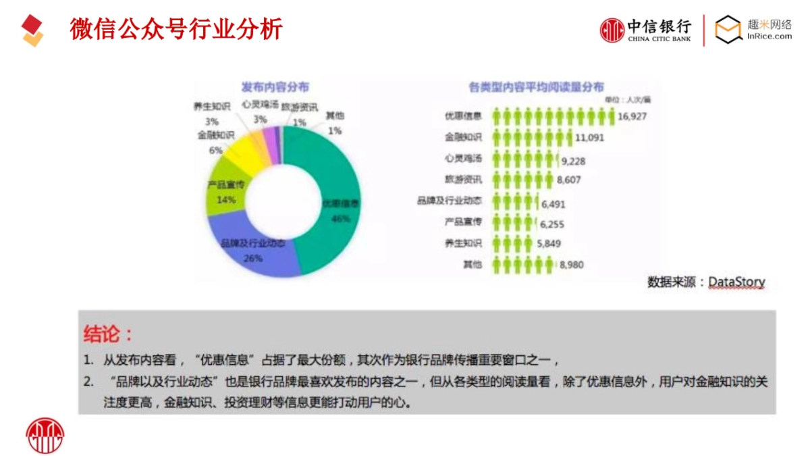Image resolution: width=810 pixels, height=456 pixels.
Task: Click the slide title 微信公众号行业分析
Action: coord(175,29)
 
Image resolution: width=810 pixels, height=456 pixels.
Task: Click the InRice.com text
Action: coord(769,36)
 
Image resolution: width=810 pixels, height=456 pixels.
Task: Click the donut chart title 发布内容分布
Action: coord(280,87)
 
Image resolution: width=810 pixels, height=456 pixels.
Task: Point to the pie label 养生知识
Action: coord(212,107)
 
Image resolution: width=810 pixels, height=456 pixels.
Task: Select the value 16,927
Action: coord(632,116)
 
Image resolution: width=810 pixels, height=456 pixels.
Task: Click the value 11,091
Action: coord(590,138)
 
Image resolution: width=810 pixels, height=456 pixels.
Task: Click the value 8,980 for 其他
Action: coord(571,265)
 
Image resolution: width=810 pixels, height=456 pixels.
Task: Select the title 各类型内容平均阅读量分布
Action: coord(537,87)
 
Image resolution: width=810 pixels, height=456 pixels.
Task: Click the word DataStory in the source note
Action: coord(736,282)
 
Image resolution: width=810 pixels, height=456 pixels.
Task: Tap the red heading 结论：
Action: coord(108,333)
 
